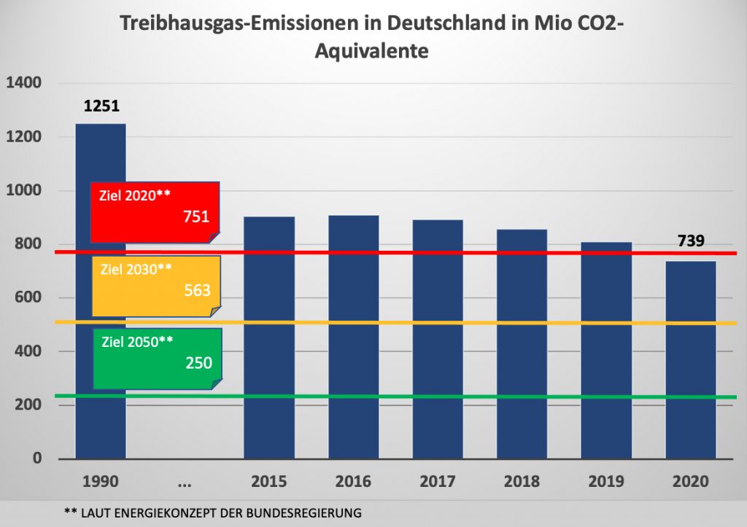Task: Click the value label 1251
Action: pyautogui.click(x=101, y=106)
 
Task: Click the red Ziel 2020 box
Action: pyautogui.click(x=155, y=211)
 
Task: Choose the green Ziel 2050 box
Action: pyautogui.click(x=157, y=357)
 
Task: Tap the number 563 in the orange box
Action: pyautogui.click(x=197, y=290)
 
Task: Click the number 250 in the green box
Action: pyautogui.click(x=198, y=362)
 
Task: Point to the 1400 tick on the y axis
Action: pyautogui.click(x=23, y=83)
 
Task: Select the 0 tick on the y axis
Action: pyautogui.click(x=36, y=458)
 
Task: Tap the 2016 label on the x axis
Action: pyautogui.click(x=353, y=482)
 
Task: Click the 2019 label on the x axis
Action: pyautogui.click(x=606, y=482)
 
